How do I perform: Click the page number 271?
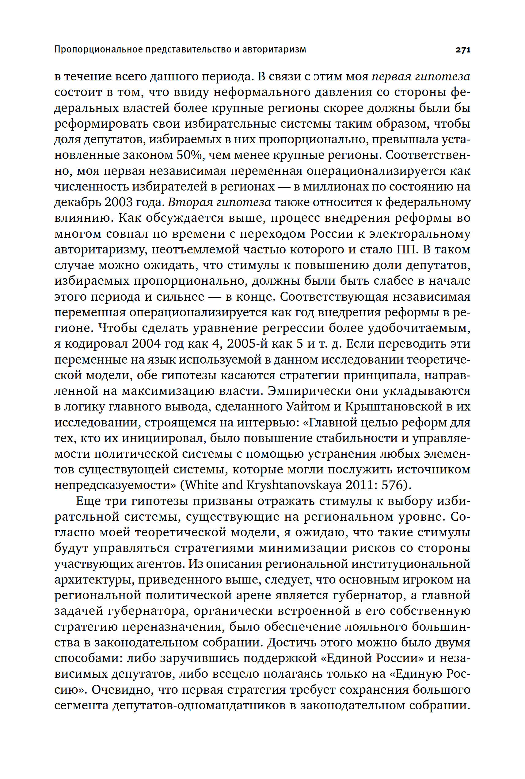click(463, 50)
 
